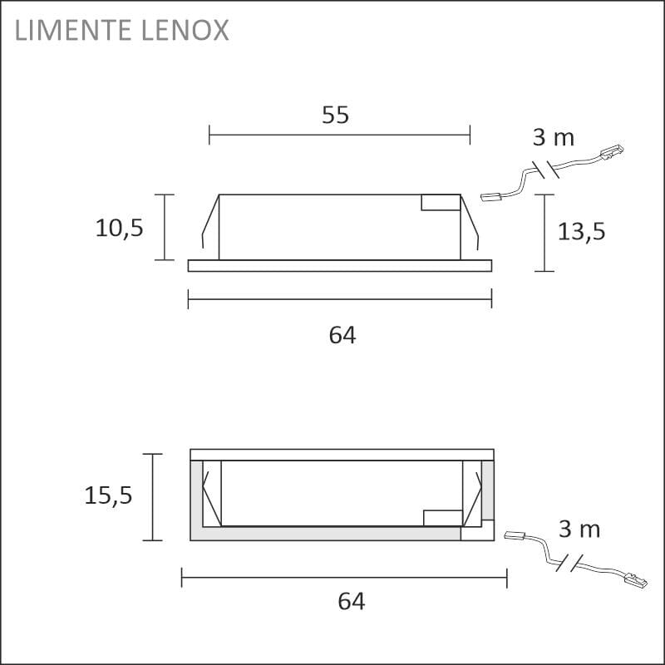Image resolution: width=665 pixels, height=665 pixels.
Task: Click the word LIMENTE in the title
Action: click(72, 30)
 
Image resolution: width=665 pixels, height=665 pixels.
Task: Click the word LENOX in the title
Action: click(185, 30)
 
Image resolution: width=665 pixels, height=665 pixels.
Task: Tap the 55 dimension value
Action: click(336, 115)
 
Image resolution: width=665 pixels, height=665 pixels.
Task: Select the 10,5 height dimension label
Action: click(120, 228)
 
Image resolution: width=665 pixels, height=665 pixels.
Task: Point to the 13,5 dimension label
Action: click(581, 232)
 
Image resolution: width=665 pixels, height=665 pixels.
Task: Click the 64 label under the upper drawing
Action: click(342, 335)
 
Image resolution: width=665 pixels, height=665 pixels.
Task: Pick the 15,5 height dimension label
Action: click(108, 495)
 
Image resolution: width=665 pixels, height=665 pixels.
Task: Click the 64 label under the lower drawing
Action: click(351, 601)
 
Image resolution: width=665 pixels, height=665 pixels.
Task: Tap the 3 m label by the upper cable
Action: click(554, 137)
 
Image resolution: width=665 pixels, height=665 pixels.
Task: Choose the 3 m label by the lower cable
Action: click(579, 530)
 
